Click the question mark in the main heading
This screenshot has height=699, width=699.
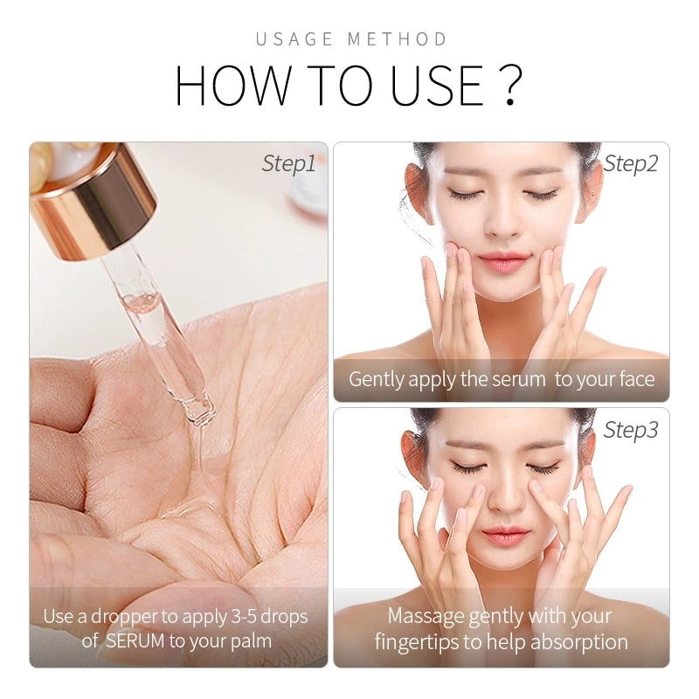[x=512, y=85]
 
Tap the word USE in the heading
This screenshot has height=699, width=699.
[x=434, y=85]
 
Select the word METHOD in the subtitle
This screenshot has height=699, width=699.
[x=398, y=39]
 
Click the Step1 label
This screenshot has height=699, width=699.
[x=288, y=163]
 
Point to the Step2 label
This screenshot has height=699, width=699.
[x=631, y=163]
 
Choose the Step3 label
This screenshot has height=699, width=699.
[x=631, y=430]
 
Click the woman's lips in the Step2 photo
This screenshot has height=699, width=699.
[x=502, y=260]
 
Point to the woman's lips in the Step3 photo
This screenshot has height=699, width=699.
[x=504, y=535]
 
